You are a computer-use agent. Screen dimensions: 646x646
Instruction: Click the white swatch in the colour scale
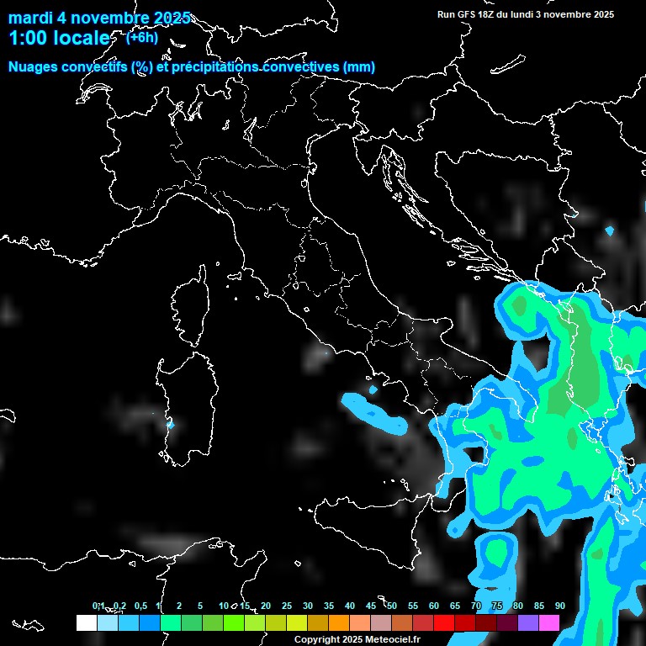pos(86,622)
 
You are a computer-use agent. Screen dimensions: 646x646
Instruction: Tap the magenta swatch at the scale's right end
pos(549,622)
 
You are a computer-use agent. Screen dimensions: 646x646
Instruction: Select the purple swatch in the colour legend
pos(528,622)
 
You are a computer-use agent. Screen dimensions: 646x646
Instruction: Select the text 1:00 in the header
pos(26,39)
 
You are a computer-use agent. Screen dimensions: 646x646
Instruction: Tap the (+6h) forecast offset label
pos(141,37)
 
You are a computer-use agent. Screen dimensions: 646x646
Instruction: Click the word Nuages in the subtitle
pos(33,67)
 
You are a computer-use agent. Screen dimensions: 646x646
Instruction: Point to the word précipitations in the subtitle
pos(215,67)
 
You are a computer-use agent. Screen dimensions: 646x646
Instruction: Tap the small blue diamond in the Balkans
pos(610,230)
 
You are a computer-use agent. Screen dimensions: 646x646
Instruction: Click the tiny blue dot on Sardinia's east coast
pos(170,425)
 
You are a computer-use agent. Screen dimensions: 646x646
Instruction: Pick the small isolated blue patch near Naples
pos(373,389)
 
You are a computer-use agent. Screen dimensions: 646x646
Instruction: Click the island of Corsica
pos(191,303)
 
